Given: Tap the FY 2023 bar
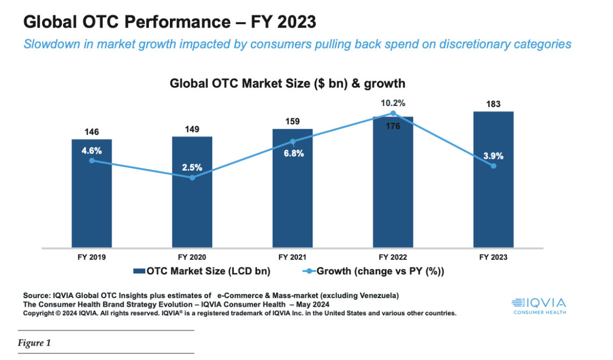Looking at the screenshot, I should click(493, 210).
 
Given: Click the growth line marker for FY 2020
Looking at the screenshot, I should click(193, 178).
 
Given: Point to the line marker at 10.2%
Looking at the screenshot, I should click(393, 113).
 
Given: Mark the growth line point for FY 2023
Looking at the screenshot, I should click(493, 166).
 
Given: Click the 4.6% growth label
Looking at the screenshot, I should click(92, 151).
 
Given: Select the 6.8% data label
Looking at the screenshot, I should click(294, 153).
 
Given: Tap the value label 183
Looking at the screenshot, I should click(493, 104).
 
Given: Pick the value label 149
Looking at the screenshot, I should click(192, 129).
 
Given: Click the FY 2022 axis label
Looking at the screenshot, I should click(393, 257).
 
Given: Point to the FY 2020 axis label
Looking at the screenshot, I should click(192, 257).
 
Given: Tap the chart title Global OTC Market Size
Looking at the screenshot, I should click(287, 83).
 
